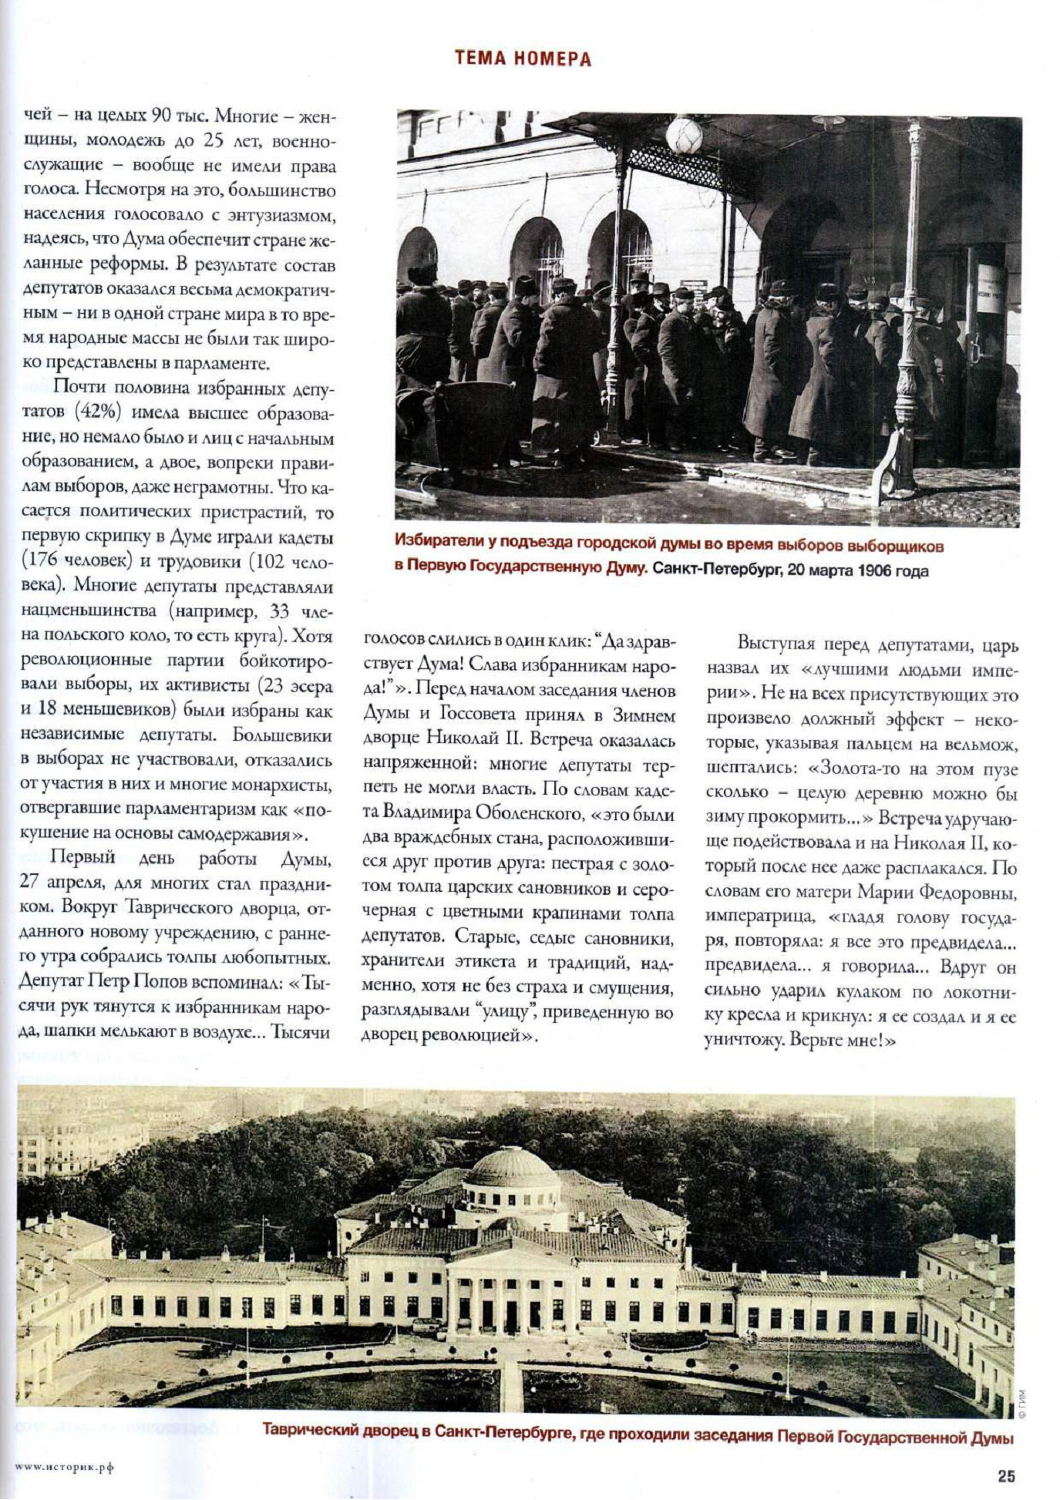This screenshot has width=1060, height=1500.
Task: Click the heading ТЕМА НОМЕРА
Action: click(x=523, y=59)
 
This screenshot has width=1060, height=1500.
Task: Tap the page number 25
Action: click(x=1006, y=1476)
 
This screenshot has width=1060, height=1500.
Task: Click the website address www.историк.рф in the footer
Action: click(x=64, y=1467)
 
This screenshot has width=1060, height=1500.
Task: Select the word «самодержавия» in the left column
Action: click(x=242, y=834)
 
